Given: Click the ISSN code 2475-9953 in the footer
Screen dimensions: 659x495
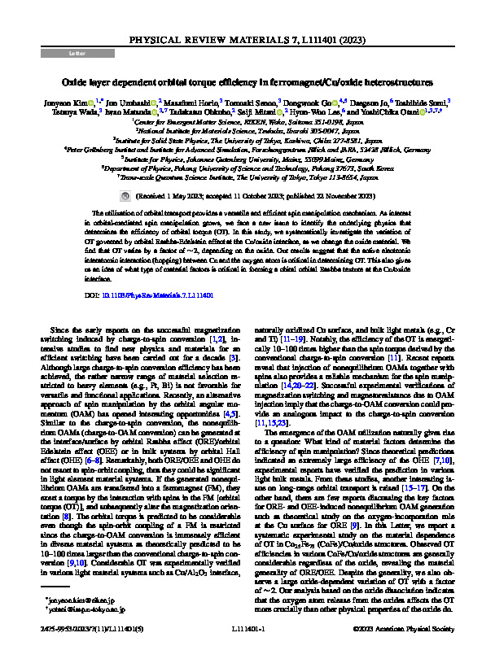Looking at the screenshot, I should click(x=55, y=628).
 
